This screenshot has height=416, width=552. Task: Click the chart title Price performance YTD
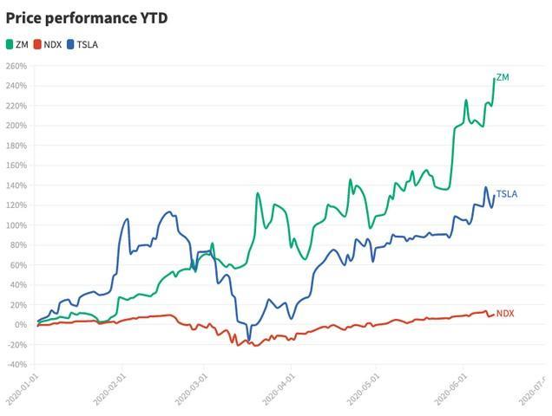click(87, 17)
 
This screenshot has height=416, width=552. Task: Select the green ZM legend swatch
click(10, 44)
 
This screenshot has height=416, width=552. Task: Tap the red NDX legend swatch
click(37, 44)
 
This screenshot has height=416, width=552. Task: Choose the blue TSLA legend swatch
click(71, 44)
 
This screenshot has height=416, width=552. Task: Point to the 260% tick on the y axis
click(16, 66)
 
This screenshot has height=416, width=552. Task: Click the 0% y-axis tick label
click(20, 325)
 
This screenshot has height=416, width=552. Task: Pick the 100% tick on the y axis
click(16, 225)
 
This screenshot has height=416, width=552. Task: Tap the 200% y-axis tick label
click(16, 126)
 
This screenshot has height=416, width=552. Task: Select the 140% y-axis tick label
click(16, 185)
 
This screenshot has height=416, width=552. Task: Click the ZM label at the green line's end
click(503, 78)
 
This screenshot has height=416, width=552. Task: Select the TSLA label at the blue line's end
click(506, 194)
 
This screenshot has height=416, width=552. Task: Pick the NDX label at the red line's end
click(505, 313)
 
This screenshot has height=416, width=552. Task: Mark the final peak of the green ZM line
click(495, 79)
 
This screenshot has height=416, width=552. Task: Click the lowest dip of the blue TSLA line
click(248, 341)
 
